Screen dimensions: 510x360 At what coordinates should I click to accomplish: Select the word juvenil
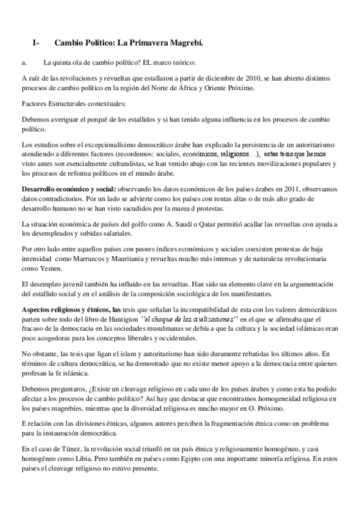[73, 284]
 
